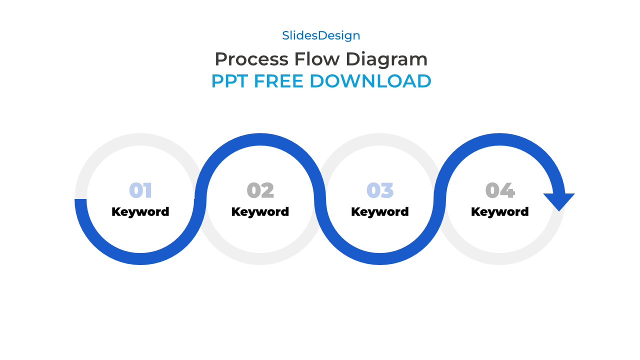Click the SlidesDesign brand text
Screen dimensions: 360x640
pyautogui.click(x=321, y=35)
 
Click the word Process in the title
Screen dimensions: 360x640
pyautogui.click(x=251, y=59)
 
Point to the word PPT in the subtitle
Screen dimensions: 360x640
pyautogui.click(x=230, y=81)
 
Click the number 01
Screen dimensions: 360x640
pyautogui.click(x=140, y=190)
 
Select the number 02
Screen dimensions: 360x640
pyautogui.click(x=260, y=190)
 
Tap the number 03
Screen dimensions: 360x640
pyautogui.click(x=380, y=190)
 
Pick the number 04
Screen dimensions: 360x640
pyautogui.click(x=499, y=190)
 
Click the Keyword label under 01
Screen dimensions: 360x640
pyautogui.click(x=140, y=212)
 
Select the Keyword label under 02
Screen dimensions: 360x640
pyautogui.click(x=260, y=212)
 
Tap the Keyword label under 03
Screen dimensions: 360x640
pyautogui.click(x=380, y=212)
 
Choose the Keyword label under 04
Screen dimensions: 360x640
pyautogui.click(x=499, y=212)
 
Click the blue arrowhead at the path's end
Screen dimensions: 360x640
pyautogui.click(x=559, y=200)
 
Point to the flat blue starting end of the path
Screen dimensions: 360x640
pyautogui.click(x=80, y=201)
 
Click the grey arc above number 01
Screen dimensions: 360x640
pyautogui.click(x=140, y=139)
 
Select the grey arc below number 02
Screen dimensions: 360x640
pyautogui.click(x=260, y=259)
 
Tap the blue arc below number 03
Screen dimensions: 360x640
pyautogui.click(x=380, y=259)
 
